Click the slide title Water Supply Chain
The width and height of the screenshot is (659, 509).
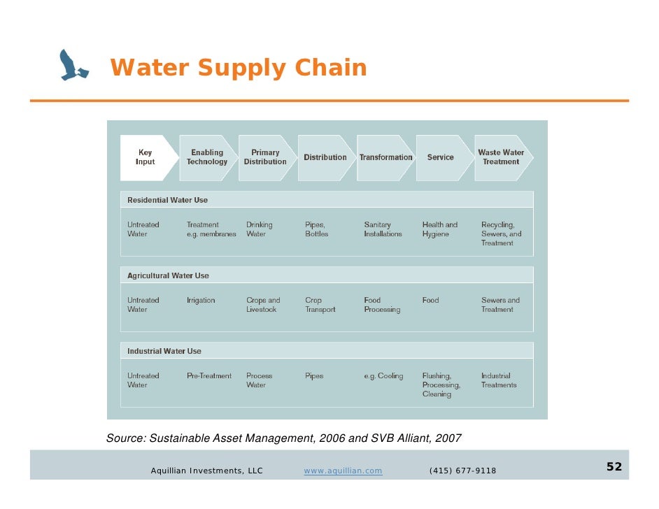pyautogui.click(x=239, y=69)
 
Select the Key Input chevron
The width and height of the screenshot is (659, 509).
pyautogui.click(x=145, y=157)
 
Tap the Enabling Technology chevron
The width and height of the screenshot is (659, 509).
pyautogui.click(x=207, y=157)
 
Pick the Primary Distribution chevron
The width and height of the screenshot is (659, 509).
pyautogui.click(x=265, y=157)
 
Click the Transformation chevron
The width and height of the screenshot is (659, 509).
pyautogui.click(x=385, y=157)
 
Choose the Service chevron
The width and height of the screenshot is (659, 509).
pyautogui.click(x=441, y=157)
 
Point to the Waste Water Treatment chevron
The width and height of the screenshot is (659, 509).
pyautogui.click(x=501, y=157)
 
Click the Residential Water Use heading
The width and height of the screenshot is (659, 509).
pyautogui.click(x=168, y=200)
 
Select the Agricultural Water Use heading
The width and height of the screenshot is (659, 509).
pyautogui.click(x=168, y=275)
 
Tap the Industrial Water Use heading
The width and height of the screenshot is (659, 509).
pyautogui.click(x=164, y=351)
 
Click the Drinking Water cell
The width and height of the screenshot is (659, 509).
pyautogui.click(x=259, y=229)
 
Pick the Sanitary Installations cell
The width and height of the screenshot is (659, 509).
pyautogui.click(x=383, y=229)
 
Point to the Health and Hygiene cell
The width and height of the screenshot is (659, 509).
pyautogui.click(x=439, y=229)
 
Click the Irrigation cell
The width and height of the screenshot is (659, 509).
pyautogui.click(x=201, y=301)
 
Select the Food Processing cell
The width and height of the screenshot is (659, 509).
pyautogui.click(x=382, y=305)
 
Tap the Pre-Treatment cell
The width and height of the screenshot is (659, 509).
pyautogui.click(x=208, y=376)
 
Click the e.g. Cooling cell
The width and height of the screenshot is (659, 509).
pyautogui.click(x=383, y=376)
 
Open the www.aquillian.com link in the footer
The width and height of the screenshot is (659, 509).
pyautogui.click(x=343, y=471)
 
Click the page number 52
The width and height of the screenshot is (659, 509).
pyautogui.click(x=614, y=467)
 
